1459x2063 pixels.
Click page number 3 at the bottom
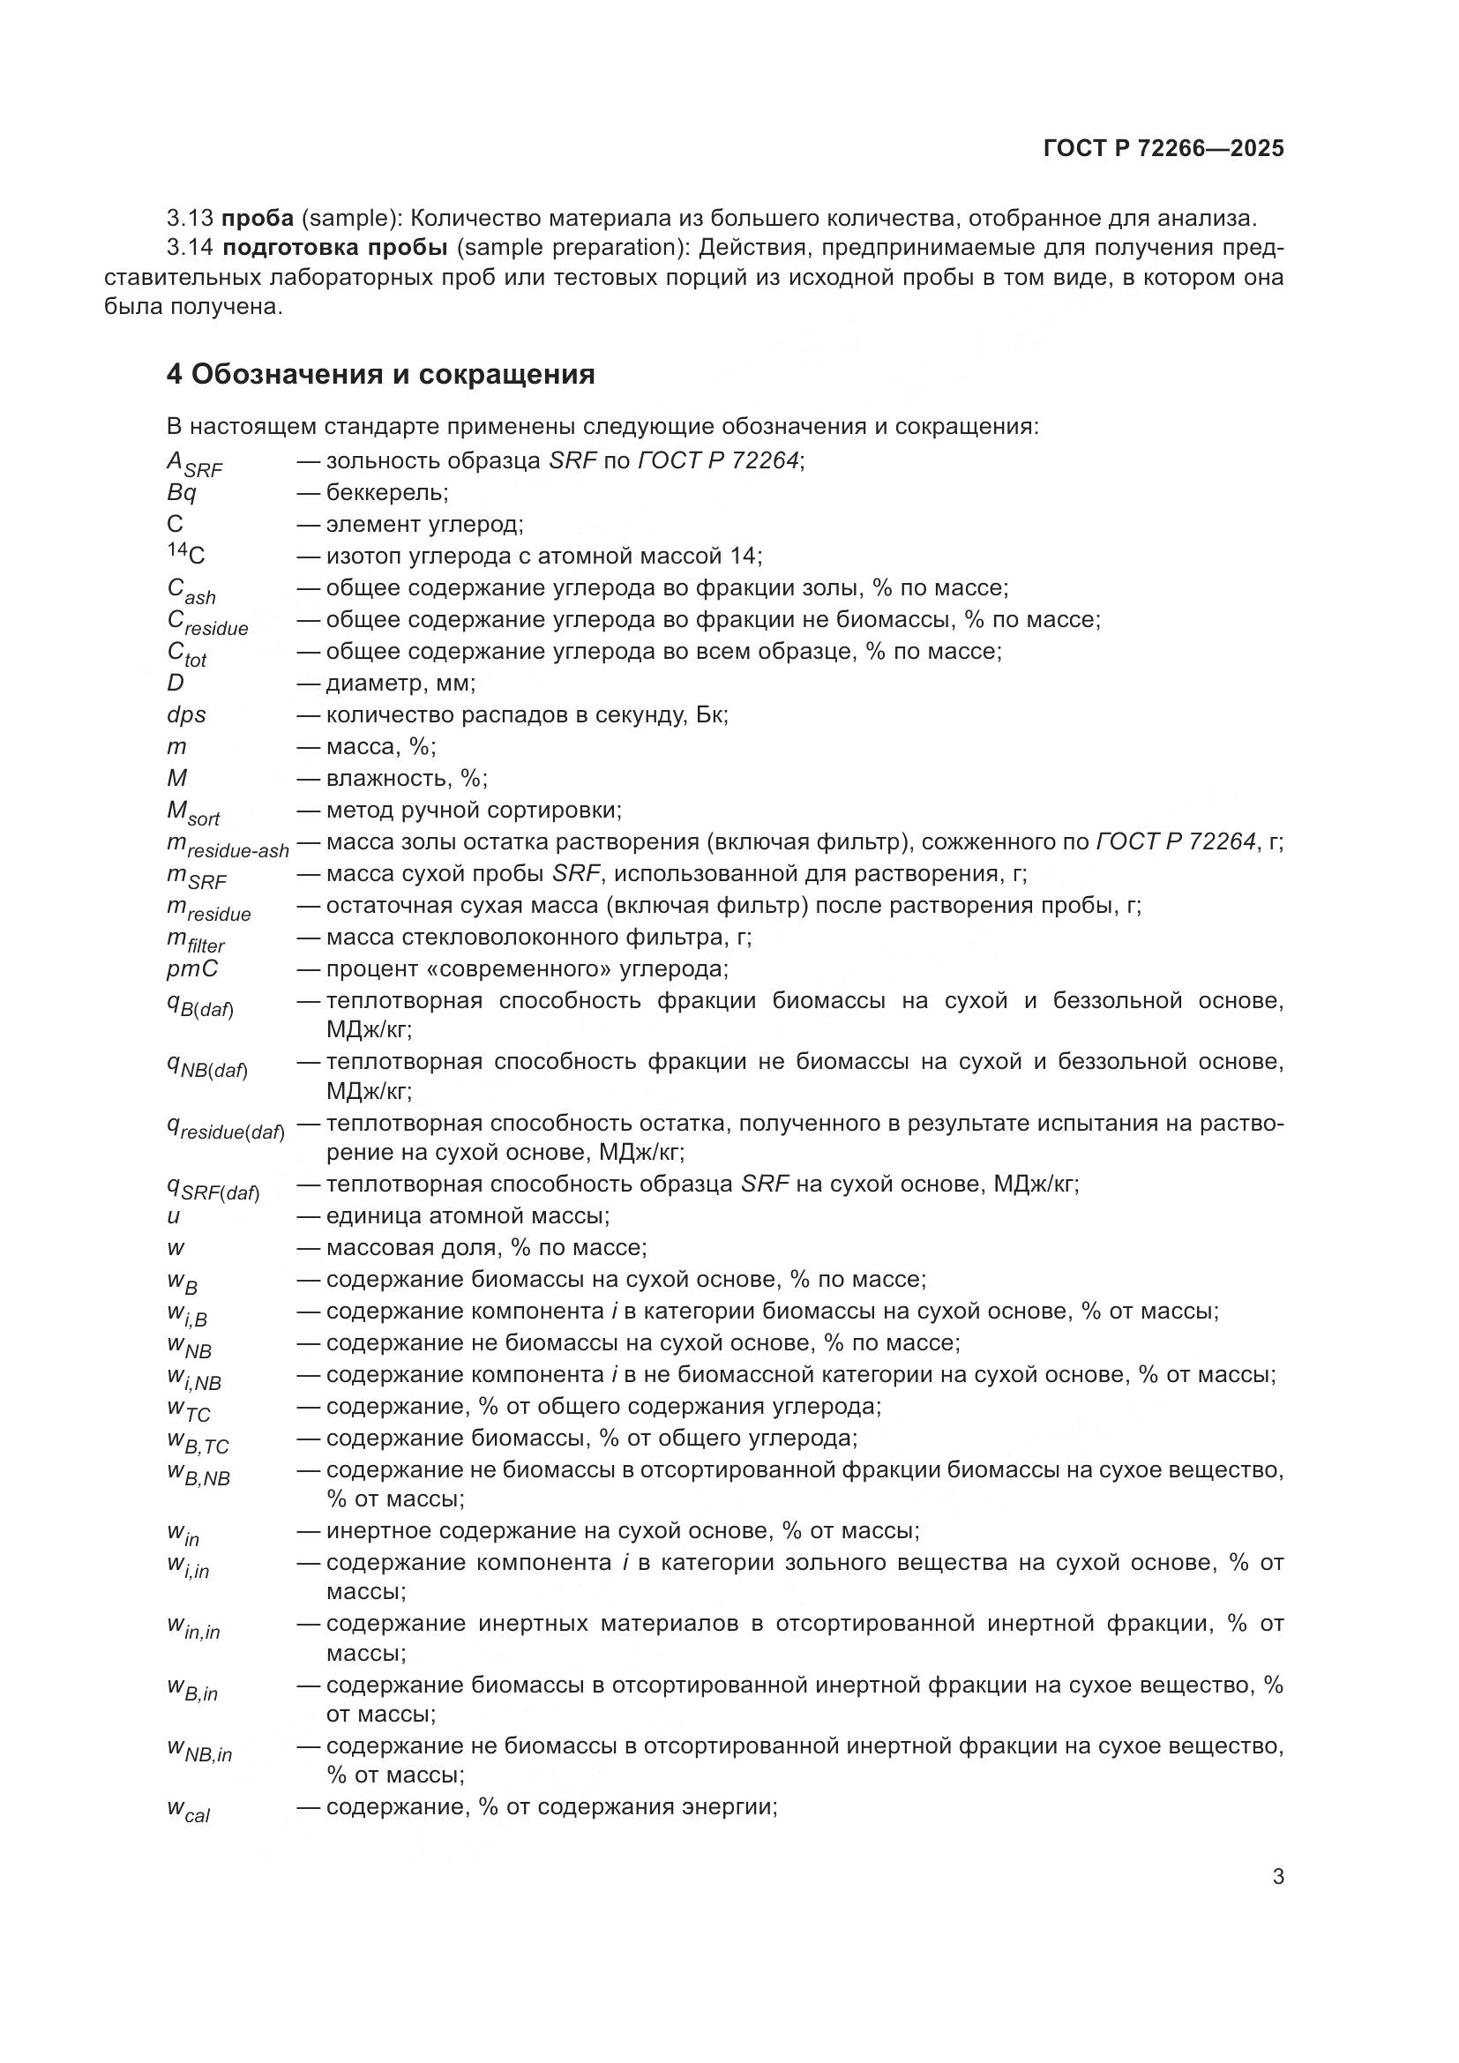1277,1877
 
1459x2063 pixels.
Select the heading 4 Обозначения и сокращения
381,374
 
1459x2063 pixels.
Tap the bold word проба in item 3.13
258,219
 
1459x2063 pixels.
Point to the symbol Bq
182,492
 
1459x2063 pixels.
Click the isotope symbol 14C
186,555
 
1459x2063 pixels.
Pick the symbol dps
186,714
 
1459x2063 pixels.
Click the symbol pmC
192,968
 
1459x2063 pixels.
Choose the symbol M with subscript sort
193,813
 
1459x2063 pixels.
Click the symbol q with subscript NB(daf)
206,1066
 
